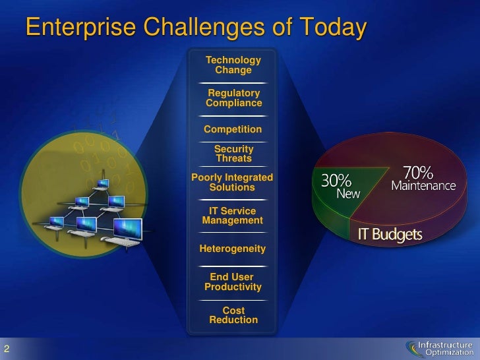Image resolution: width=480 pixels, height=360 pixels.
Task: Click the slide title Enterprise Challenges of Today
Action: point(195,28)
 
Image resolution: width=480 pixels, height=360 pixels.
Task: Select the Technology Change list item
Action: point(233,65)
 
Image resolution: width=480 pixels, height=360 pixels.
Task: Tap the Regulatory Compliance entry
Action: point(233,98)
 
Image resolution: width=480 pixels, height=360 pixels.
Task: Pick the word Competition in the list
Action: point(233,129)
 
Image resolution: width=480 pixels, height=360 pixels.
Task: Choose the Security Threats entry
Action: point(233,154)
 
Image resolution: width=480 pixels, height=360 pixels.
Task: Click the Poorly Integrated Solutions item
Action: point(231,182)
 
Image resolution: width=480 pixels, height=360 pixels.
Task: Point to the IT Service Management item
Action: point(232,216)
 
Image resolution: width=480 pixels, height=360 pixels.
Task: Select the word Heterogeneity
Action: point(232,249)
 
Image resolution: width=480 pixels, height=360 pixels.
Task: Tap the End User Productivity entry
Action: point(233,282)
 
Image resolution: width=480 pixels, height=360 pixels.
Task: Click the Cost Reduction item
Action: point(233,315)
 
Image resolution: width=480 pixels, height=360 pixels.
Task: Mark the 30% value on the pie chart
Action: point(336,180)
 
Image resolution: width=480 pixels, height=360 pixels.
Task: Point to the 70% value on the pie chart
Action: point(418,173)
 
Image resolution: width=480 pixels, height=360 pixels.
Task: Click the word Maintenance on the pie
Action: point(423,186)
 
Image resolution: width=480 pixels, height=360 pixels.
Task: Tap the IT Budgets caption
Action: point(390,235)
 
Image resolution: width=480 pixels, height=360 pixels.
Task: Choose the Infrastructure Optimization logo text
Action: point(448,347)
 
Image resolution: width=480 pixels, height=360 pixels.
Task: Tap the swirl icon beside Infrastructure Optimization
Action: point(413,347)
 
